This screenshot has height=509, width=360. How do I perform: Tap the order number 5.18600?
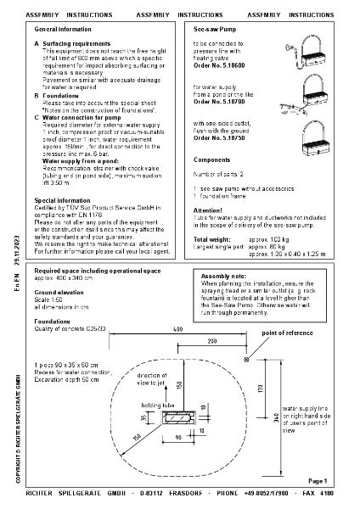pyautogui.click(x=214, y=65)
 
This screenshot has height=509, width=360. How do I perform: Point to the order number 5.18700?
pyautogui.click(x=214, y=101)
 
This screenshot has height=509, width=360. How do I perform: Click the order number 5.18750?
pyautogui.click(x=214, y=137)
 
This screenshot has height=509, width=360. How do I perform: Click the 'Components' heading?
pyautogui.click(x=211, y=159)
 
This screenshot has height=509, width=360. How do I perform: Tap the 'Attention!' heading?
pyautogui.click(x=208, y=209)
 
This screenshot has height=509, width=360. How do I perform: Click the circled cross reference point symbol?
pyautogui.click(x=246, y=359)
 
